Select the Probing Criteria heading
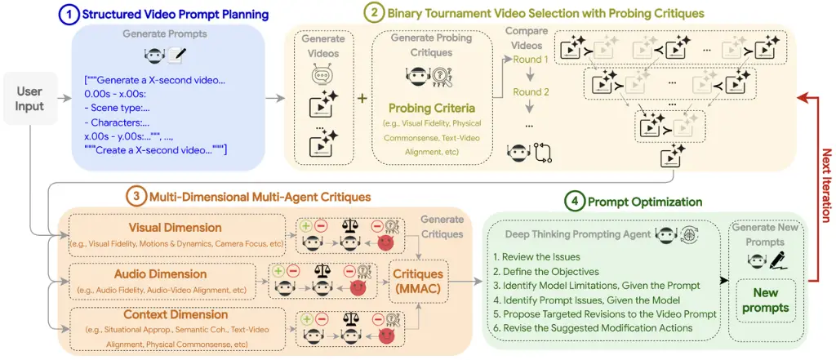pos(419,108)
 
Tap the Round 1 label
pos(530,60)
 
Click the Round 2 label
pos(530,92)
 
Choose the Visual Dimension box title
pos(175,226)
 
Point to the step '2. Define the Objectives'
pos(546,273)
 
